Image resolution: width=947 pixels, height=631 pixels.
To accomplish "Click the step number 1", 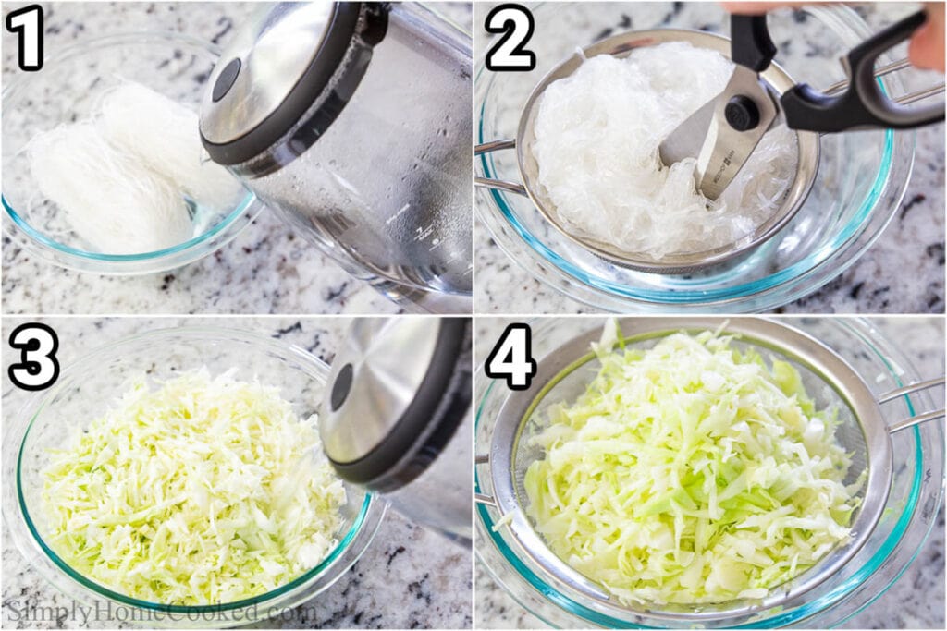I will tap(25, 37).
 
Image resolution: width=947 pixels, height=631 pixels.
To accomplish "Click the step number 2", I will tap(510, 37).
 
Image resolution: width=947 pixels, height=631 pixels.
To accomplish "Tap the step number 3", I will tap(33, 357).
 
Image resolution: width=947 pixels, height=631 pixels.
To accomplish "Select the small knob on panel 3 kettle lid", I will tap(341, 386).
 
